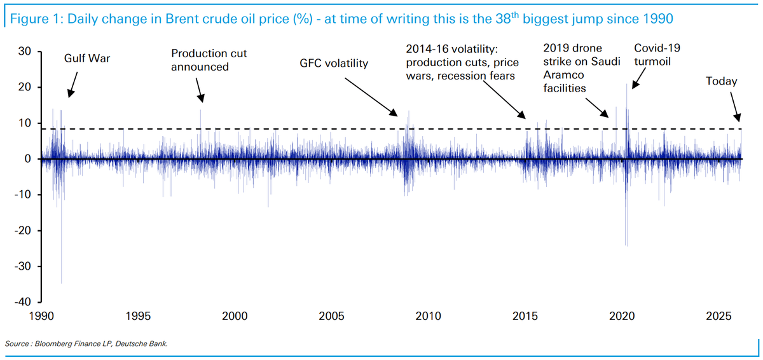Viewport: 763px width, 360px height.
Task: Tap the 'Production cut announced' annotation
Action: (200, 60)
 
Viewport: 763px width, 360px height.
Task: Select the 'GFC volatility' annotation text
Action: (334, 64)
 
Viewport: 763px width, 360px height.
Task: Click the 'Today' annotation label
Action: (722, 81)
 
